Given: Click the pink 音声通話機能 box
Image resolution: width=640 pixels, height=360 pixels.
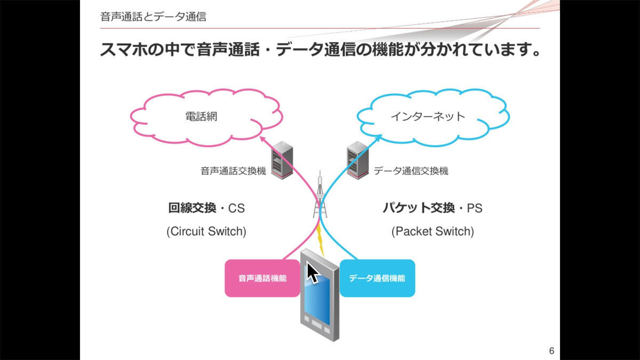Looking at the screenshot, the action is click(x=262, y=278).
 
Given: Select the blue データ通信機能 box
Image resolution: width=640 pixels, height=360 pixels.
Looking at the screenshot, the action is click(x=377, y=278).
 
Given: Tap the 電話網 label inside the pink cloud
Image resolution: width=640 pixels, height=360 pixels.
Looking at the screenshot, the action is click(x=202, y=117).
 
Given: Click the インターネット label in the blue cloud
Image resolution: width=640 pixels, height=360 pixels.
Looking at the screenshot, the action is click(x=428, y=117).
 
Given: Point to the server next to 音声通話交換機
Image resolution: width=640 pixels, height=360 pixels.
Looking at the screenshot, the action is click(x=282, y=160).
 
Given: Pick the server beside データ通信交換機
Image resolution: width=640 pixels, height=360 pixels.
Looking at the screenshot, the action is click(x=357, y=160).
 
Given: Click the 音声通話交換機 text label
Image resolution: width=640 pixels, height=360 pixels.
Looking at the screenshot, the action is click(x=233, y=171).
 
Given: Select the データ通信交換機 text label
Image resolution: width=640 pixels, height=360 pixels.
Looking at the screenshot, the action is click(x=411, y=171).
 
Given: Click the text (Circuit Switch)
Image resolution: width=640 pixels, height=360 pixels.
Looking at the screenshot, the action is click(x=206, y=231).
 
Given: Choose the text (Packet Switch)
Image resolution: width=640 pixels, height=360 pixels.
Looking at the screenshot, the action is click(x=433, y=231).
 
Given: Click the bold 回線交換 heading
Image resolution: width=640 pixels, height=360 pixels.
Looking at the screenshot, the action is click(x=192, y=207).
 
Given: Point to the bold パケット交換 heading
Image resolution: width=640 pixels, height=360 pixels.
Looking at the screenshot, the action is click(x=419, y=207).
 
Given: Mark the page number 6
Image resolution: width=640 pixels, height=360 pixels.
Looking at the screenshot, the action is click(x=551, y=350).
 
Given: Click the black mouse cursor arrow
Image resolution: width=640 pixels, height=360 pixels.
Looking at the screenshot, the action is click(x=312, y=273).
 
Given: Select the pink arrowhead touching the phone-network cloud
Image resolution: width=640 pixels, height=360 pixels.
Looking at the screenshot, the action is click(x=262, y=139).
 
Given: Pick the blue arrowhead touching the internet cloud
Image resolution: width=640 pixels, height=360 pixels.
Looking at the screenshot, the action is click(x=378, y=138).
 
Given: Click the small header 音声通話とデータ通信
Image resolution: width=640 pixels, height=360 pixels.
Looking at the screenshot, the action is click(x=153, y=17).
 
